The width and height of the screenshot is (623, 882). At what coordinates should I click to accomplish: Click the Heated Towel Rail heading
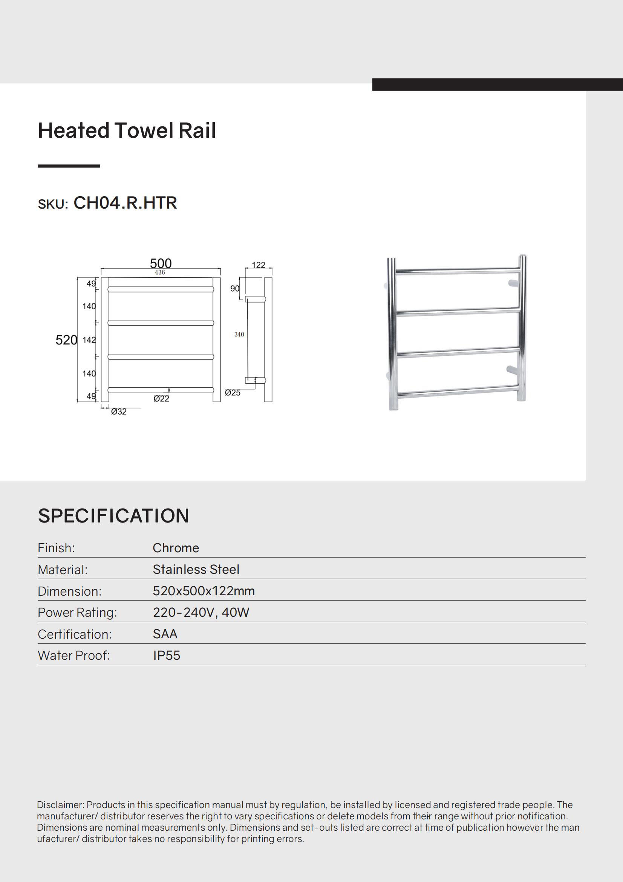coord(127,131)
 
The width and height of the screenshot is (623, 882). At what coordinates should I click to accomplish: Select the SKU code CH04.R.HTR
coord(125,203)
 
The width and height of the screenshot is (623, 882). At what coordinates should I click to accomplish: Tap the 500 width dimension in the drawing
coord(161,263)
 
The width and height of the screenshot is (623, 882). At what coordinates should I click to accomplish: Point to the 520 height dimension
coord(66,340)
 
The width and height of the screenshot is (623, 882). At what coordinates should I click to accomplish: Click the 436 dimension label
coord(160,272)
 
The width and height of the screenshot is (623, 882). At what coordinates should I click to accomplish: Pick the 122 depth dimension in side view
coord(258,265)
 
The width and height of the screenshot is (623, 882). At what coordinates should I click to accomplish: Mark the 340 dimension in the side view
coord(239,335)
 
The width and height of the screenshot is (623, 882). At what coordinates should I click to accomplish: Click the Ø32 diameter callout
coord(119,412)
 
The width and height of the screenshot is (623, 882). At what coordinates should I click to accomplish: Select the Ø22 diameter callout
coord(161,399)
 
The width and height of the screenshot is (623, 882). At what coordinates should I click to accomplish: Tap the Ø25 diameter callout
coord(233,393)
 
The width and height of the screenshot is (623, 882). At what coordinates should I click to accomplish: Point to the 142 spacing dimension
coord(89,340)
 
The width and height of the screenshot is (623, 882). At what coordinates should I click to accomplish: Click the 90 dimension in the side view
coord(234,289)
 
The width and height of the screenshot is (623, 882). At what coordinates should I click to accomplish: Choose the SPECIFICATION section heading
coord(113,516)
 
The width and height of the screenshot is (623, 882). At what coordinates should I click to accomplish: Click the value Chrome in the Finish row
coord(176,548)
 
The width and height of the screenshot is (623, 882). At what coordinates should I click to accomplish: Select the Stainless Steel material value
coord(196,569)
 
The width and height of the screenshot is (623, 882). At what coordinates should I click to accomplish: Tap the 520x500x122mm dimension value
coord(204,591)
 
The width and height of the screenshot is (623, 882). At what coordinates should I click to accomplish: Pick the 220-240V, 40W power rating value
coord(201,612)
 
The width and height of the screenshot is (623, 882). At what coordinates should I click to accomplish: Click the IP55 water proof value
coord(167,655)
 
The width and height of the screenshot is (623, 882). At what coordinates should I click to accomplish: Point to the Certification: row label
coord(75,634)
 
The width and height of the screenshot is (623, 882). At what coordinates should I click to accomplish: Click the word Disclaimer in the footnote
coord(60,805)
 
